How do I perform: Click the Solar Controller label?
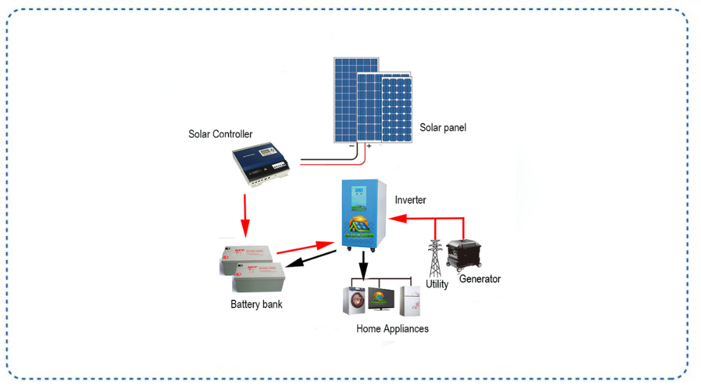[220, 134]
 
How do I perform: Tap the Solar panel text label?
[443, 128]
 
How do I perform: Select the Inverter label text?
[410, 200]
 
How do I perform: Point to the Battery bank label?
[256, 304]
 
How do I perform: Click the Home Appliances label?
[392, 329]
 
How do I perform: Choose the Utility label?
[436, 284]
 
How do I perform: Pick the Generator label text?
[479, 279]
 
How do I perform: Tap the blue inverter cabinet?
[364, 214]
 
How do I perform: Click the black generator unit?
[465, 255]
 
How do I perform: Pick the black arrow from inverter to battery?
[313, 259]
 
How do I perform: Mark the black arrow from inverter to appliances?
[363, 266]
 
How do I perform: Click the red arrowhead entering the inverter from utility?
[396, 219]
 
